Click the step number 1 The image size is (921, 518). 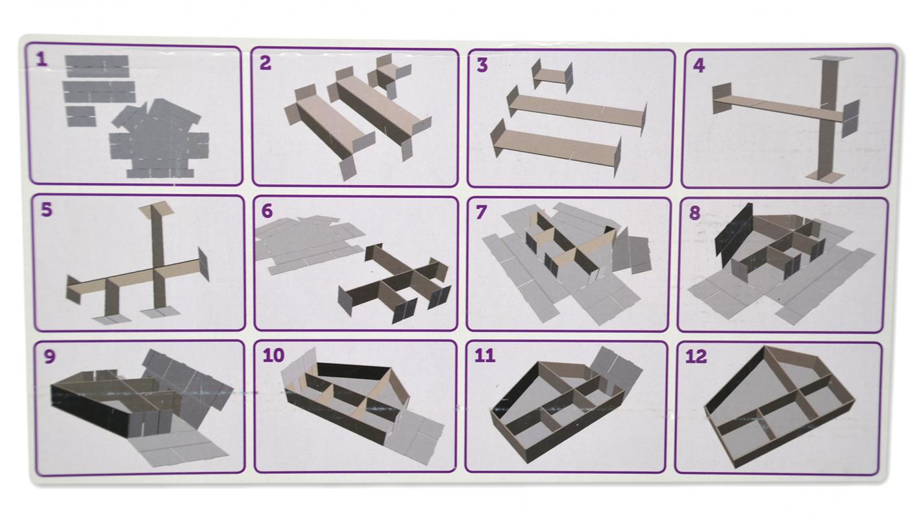(42, 60)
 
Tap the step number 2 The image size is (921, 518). (266, 63)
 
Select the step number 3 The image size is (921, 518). (482, 65)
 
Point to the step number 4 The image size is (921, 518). (699, 66)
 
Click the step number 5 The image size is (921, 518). (47, 209)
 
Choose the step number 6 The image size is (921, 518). (267, 211)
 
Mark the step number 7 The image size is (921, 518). (481, 212)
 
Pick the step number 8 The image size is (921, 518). (694, 213)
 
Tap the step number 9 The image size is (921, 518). (49, 356)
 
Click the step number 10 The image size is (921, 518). (273, 355)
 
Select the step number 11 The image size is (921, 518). (484, 356)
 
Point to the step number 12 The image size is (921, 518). (696, 356)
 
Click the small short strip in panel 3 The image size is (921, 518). (552, 76)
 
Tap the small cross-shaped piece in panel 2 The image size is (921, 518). (387, 76)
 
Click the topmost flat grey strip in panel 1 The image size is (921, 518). (97, 66)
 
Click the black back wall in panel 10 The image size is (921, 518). (353, 371)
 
